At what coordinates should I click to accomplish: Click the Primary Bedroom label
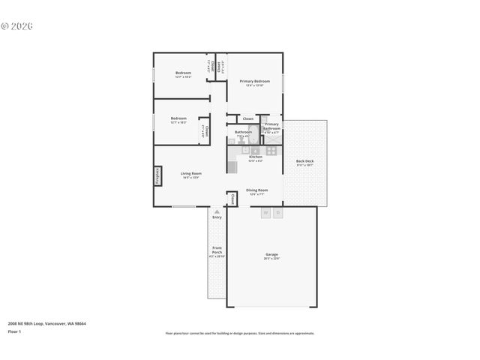[255, 81]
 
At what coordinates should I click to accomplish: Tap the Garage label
[271, 254]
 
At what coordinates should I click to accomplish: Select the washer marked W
[265, 213]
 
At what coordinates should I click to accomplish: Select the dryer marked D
[277, 213]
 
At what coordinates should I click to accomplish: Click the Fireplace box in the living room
[157, 175]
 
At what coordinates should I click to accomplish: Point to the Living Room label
[191, 174]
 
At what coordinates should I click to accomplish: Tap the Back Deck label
[304, 161]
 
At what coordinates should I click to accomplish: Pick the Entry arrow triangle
[217, 212]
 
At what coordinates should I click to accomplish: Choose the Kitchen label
[256, 157]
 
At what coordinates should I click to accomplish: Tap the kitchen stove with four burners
[271, 150]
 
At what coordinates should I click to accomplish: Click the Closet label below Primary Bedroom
[247, 118]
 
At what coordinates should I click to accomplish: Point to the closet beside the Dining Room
[232, 199]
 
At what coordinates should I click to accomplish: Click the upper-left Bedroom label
[183, 73]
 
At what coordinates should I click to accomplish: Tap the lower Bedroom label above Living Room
[178, 118]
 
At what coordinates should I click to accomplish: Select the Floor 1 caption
[15, 331]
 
